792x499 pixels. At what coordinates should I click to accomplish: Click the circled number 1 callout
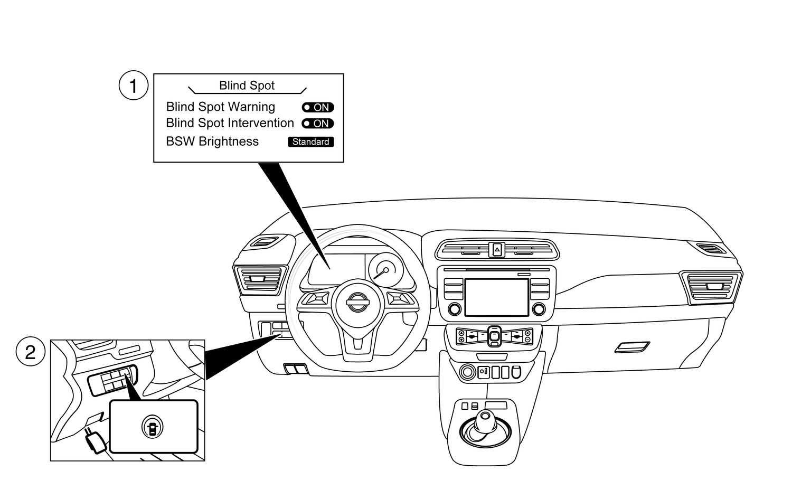(133, 86)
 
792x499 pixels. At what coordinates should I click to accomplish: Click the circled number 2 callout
(30, 352)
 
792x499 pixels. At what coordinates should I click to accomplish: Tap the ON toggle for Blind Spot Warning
(318, 107)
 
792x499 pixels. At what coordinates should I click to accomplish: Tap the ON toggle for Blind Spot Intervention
(318, 124)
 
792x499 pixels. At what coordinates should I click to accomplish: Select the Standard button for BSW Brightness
(310, 142)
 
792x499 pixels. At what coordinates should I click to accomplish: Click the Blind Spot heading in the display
(247, 86)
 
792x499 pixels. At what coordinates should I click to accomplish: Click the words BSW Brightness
(212, 142)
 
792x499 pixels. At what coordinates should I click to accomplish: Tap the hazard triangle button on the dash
(497, 249)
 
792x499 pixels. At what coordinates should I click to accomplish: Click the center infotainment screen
(496, 297)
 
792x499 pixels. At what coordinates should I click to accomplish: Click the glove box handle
(632, 347)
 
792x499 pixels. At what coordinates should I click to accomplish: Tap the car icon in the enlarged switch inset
(153, 427)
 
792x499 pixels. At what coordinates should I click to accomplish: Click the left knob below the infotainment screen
(454, 309)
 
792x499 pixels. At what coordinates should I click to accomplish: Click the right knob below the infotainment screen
(539, 309)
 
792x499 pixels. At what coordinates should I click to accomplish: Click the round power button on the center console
(467, 372)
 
